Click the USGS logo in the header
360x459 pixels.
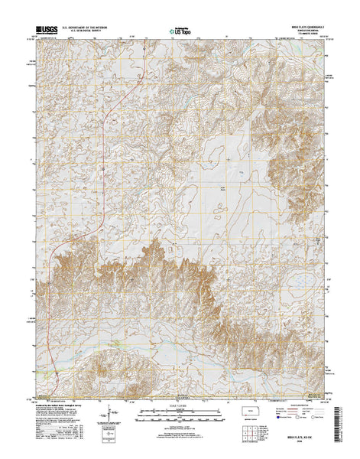point(44,31)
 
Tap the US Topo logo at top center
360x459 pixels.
point(180,32)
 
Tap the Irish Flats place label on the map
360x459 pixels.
point(223,188)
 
